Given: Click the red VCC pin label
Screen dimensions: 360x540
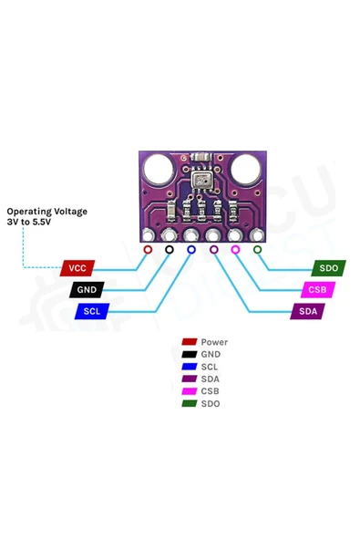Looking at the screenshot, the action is (x=77, y=268).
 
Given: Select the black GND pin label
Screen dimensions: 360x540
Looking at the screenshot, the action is (x=87, y=290).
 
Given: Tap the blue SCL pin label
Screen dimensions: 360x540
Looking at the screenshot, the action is (x=92, y=311).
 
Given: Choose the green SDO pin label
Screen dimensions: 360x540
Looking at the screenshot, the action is (x=329, y=268).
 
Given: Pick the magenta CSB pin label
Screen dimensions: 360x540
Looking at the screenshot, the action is (x=318, y=290).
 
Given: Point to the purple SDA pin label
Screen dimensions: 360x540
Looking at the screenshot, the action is (x=308, y=311).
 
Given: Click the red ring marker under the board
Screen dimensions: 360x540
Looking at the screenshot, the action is (x=148, y=250).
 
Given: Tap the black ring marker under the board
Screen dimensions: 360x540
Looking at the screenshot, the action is (x=170, y=250).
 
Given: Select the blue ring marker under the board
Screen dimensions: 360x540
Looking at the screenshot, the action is (x=191, y=250).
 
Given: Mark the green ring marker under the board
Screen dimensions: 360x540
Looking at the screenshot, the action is (x=257, y=250).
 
